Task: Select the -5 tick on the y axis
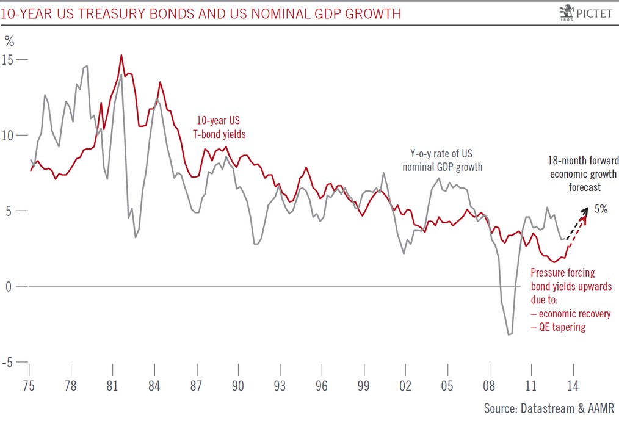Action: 10,362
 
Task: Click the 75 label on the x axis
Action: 29,386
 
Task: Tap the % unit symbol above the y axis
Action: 9,42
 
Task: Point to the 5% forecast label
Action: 601,209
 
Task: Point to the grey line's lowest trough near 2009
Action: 509,334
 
